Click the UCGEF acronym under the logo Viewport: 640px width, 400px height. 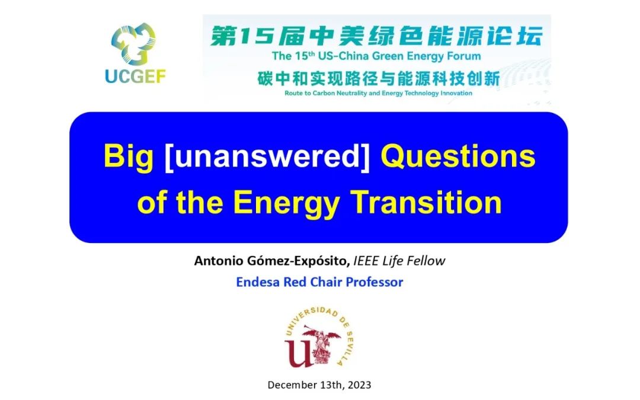[x=135, y=76]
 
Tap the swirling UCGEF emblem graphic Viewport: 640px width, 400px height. [x=133, y=44]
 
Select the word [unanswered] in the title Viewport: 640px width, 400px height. [x=267, y=156]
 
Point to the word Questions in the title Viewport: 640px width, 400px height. [x=457, y=156]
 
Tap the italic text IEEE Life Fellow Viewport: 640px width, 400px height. [x=399, y=261]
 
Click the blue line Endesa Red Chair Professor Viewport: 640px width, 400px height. [x=319, y=282]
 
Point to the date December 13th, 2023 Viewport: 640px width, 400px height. [x=319, y=385]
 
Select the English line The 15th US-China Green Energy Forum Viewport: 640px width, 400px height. [x=376, y=56]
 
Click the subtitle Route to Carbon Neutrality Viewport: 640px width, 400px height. [x=378, y=93]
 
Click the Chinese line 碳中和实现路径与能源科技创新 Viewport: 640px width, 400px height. [x=378, y=78]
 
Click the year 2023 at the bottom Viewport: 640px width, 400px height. [x=360, y=385]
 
